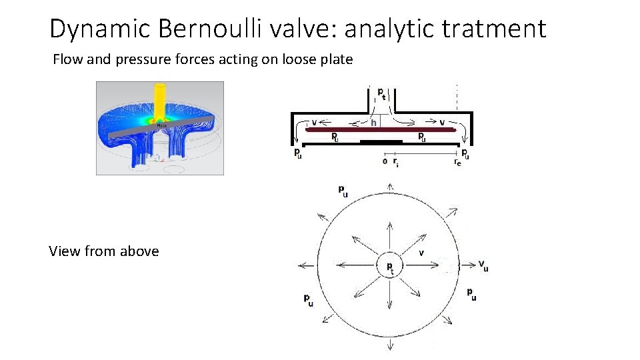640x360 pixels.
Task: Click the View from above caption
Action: [x=104, y=251]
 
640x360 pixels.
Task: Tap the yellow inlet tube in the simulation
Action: [x=160, y=100]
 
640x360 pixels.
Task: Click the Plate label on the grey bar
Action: [x=161, y=125]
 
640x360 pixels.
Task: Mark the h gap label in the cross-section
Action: [x=374, y=123]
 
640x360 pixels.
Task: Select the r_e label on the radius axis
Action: [x=457, y=162]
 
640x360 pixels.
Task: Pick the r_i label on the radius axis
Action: [x=396, y=161]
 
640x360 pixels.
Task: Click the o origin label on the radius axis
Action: [x=385, y=161]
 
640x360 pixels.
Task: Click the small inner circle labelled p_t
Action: [x=390, y=266]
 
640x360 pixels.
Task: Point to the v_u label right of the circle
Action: [x=483, y=265]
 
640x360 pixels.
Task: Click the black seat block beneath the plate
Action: [x=381, y=142]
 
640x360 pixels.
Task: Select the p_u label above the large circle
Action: [x=342, y=192]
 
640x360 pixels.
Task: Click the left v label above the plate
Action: [x=314, y=123]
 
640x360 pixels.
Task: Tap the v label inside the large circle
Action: [x=421, y=253]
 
